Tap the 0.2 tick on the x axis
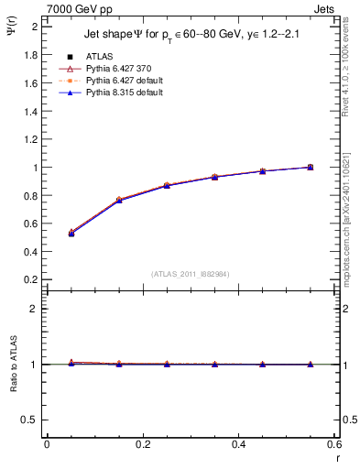[142, 444]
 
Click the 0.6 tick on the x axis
[333, 444]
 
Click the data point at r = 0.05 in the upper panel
[71, 233]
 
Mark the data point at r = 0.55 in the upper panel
[311, 167]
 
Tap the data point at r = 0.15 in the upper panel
[119, 200]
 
